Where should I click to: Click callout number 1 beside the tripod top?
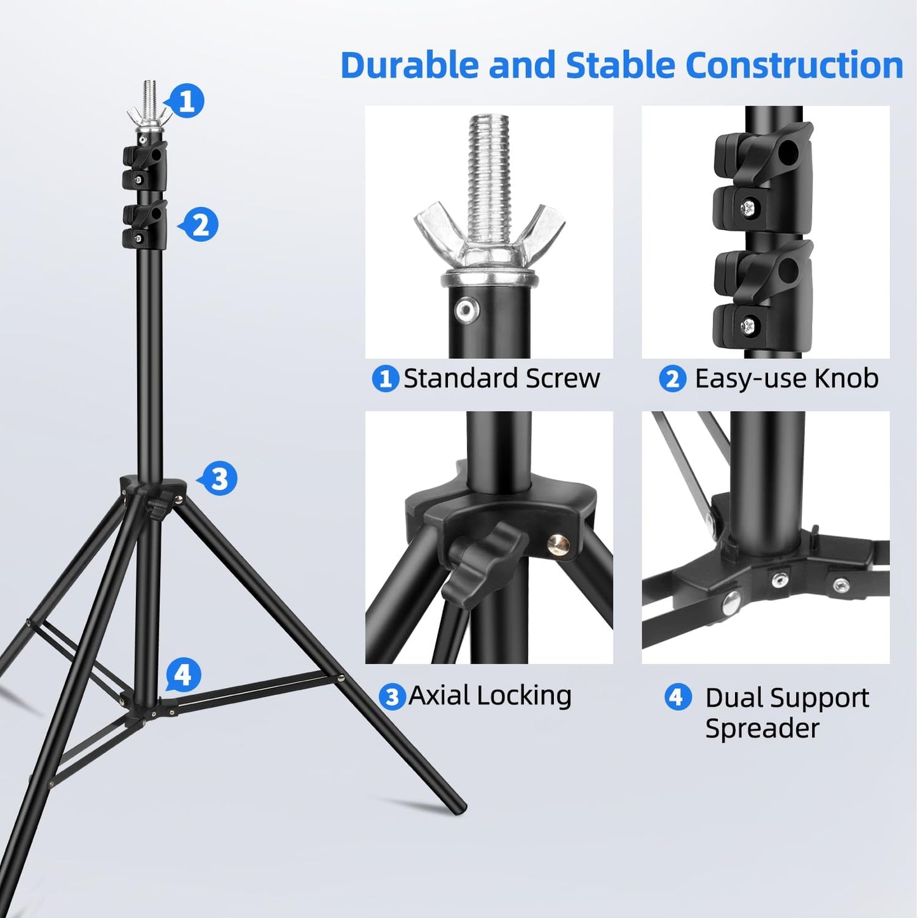[187, 101]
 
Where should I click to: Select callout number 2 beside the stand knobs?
[201, 225]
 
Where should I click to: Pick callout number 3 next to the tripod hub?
[219, 478]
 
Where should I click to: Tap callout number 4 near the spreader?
[184, 674]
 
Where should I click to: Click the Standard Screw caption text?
[501, 379]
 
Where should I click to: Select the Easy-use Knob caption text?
[786, 379]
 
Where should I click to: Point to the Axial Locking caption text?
[490, 695]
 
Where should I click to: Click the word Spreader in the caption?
[762, 728]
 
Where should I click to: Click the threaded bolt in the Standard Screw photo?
[489, 165]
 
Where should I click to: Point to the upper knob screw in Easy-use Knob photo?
[748, 206]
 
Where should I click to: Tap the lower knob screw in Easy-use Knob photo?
[748, 326]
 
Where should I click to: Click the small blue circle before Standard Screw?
[385, 379]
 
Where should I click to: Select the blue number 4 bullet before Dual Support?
[677, 697]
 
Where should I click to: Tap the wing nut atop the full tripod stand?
[149, 114]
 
